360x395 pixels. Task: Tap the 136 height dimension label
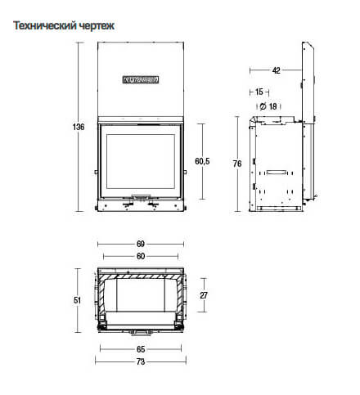click(80, 127)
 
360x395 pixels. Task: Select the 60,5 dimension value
click(203, 162)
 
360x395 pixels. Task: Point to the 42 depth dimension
click(276, 71)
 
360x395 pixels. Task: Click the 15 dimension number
click(259, 92)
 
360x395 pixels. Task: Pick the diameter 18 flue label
click(268, 105)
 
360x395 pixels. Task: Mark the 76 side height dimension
click(237, 164)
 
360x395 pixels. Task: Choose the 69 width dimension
click(140, 244)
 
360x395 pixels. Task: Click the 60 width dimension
click(140, 257)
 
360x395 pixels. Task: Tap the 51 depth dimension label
click(79, 300)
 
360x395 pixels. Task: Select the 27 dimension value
click(204, 295)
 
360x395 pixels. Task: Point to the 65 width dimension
click(140, 348)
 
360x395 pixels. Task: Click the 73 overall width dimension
click(140, 361)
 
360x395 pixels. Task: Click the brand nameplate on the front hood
click(140, 80)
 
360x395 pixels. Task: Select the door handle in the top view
click(140, 332)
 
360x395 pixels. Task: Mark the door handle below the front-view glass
click(140, 197)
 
